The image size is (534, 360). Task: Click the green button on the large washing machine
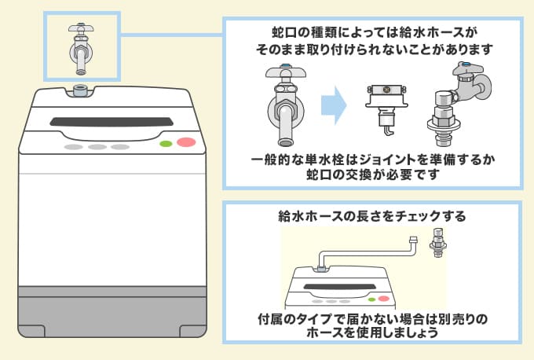tap(166, 145)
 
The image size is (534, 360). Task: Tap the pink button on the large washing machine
tap(186, 144)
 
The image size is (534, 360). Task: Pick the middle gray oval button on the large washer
tap(97, 147)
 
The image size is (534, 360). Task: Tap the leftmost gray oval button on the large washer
tap(73, 147)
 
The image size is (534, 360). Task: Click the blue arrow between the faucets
tap(335, 105)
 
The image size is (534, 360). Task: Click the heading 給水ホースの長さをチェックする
tap(372, 215)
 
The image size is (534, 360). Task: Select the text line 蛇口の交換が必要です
tap(372, 174)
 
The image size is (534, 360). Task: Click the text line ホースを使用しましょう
tap(372, 332)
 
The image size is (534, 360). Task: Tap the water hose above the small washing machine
tap(369, 251)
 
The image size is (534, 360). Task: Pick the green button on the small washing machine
tap(371, 298)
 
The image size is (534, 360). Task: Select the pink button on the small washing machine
tap(383, 298)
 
